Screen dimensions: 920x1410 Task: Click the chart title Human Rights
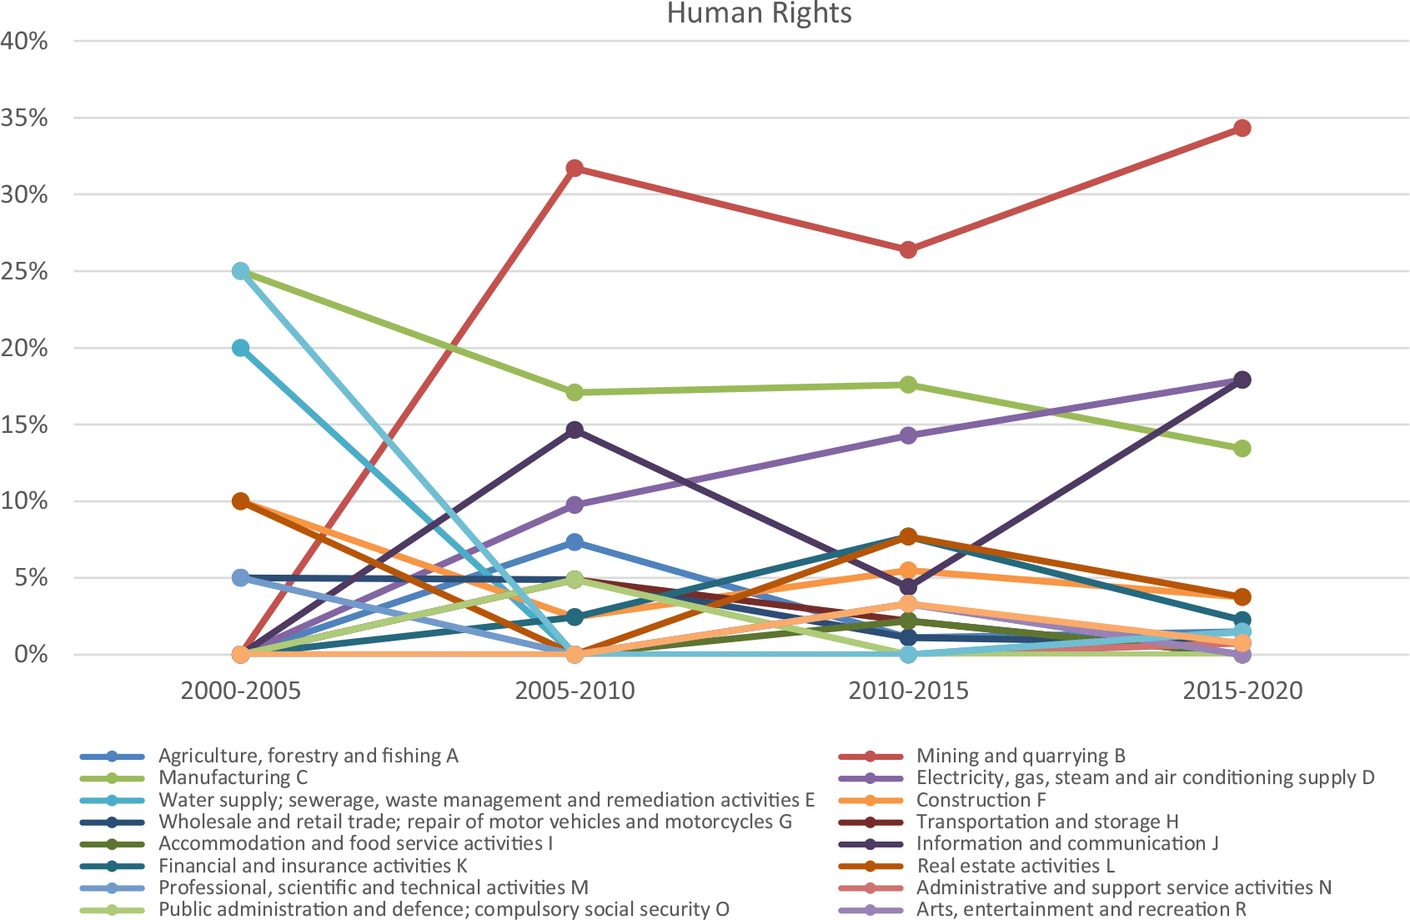coord(759,13)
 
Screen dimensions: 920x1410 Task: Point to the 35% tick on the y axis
coord(24,118)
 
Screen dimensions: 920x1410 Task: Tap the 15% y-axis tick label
coord(24,425)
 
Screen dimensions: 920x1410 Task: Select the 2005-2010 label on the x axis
coord(575,691)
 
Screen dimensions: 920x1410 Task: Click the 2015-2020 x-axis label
coord(1242,691)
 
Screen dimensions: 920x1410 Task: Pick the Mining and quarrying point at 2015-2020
coord(1242,128)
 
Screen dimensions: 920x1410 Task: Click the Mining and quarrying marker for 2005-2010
coord(575,168)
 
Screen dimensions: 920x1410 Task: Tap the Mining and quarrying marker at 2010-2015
coord(908,249)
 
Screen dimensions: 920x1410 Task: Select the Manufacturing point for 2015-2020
coord(1242,449)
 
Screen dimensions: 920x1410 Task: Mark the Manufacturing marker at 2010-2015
coord(908,385)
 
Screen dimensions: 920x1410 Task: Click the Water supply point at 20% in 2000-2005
coord(240,348)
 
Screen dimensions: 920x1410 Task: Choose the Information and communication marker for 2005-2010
coord(575,430)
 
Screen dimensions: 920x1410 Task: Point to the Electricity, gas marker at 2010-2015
coord(908,435)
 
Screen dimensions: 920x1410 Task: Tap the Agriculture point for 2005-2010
coord(575,542)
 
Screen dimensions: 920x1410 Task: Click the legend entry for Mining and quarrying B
coord(1020,756)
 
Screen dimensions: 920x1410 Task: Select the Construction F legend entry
coord(981,800)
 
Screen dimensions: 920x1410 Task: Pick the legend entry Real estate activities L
coord(1015,866)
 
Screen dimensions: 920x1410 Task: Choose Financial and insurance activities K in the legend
coord(313,866)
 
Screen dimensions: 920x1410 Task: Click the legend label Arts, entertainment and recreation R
coord(1081,909)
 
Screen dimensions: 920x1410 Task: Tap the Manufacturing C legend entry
coord(233,777)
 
